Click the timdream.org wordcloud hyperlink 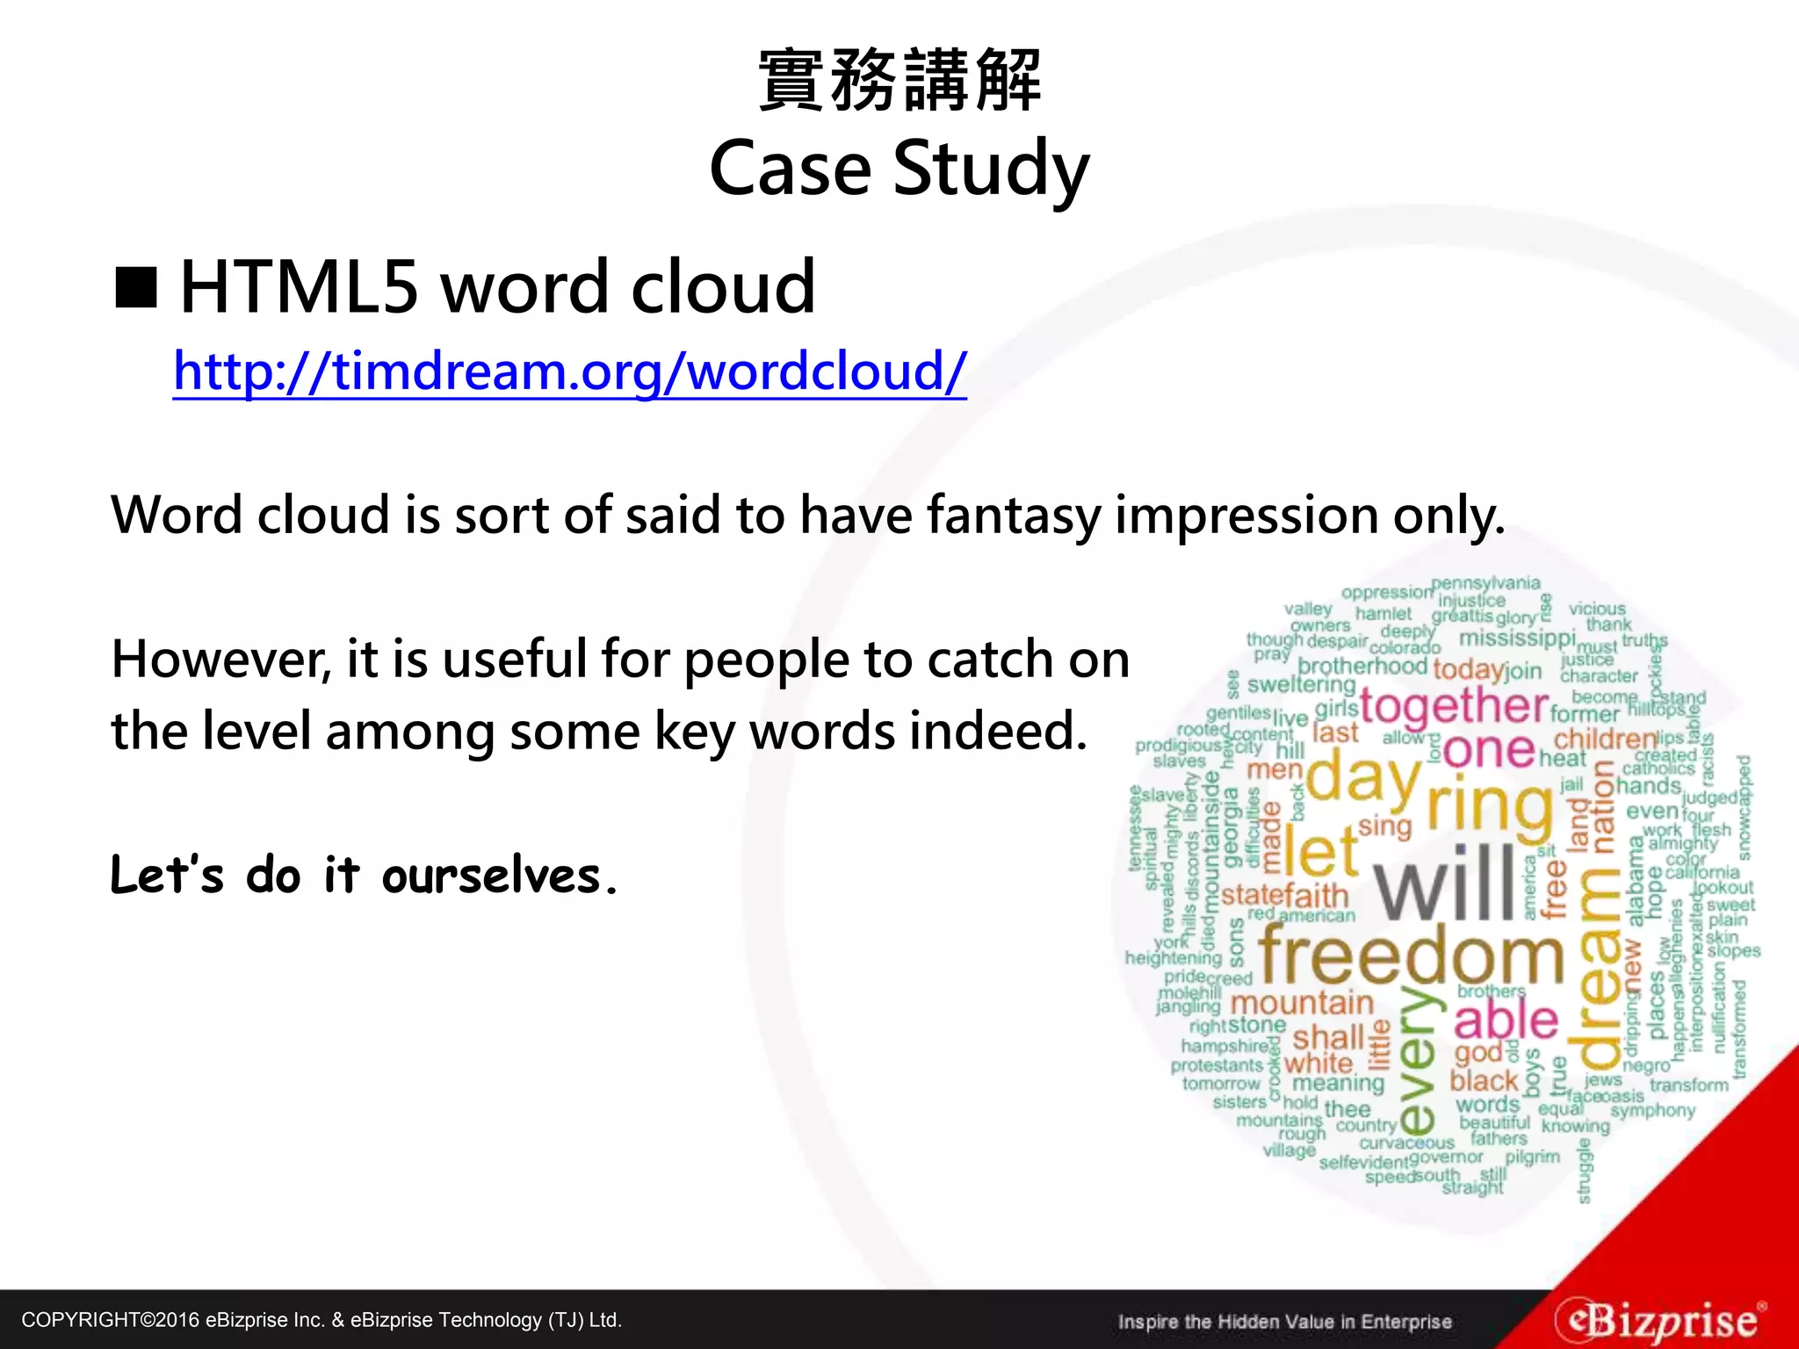tap(569, 372)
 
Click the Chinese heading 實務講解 tap(899, 80)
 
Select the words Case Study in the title tap(899, 169)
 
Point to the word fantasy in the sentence tap(1013, 516)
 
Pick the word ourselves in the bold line tap(500, 876)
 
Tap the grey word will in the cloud tap(1445, 882)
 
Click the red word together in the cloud tap(1454, 705)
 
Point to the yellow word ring tap(1488, 804)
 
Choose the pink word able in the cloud tap(1506, 1020)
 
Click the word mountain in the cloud tap(1301, 1003)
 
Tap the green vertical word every tap(1417, 1058)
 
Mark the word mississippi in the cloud tap(1517, 638)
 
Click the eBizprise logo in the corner tap(1659, 1319)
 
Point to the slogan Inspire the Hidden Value tap(1284, 1322)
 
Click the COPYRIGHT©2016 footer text tap(322, 1320)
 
